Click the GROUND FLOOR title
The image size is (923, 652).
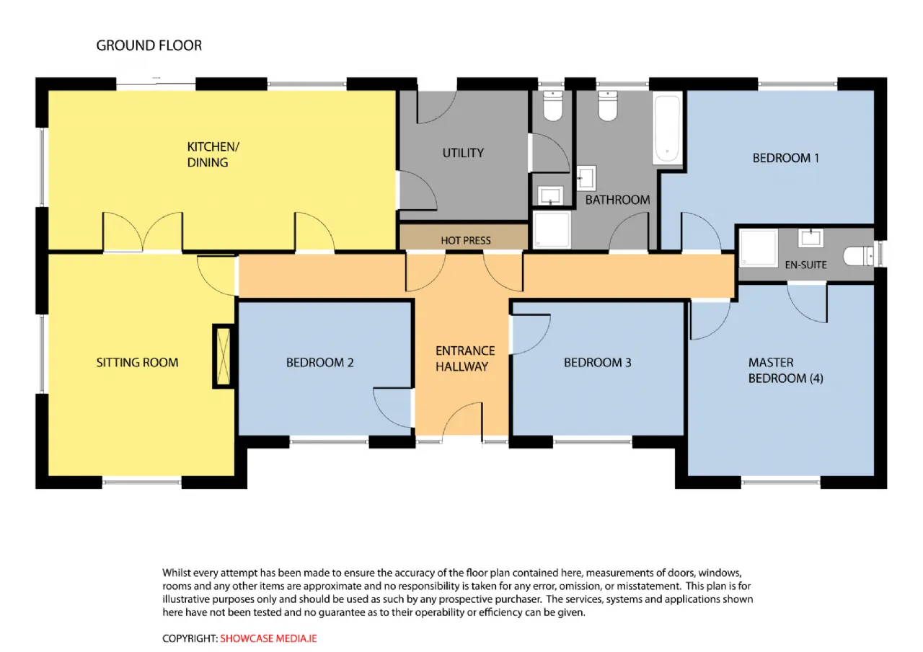tap(149, 45)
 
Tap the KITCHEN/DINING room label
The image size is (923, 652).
tap(213, 154)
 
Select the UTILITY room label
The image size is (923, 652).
tap(463, 153)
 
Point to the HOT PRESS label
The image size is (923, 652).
tap(466, 240)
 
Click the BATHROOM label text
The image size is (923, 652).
tap(617, 200)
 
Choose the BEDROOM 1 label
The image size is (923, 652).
tap(785, 158)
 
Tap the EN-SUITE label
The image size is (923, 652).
tap(805, 265)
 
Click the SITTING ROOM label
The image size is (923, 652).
tap(137, 362)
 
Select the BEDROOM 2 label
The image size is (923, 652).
tap(319, 362)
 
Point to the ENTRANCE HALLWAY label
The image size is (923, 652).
tap(465, 358)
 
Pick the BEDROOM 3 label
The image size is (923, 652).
tap(597, 362)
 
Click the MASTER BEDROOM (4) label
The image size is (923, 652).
tap(785, 370)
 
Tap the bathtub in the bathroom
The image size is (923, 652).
tap(667, 128)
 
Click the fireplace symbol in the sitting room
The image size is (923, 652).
tap(224, 356)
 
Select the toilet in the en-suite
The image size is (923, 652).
tap(859, 256)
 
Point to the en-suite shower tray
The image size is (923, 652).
tap(758, 247)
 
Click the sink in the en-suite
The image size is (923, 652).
tap(811, 238)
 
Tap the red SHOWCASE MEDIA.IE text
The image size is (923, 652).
tap(268, 638)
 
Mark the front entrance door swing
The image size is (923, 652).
tap(462, 420)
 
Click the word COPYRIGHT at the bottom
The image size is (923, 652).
tap(189, 638)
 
